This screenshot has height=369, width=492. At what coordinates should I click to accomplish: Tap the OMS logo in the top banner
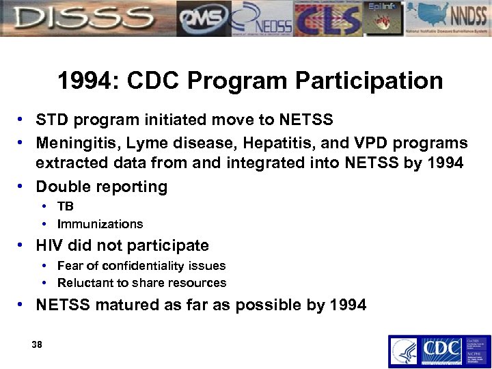click(203, 19)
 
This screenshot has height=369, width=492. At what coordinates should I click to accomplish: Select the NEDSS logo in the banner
click(263, 19)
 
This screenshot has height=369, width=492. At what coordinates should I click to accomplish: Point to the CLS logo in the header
click(328, 19)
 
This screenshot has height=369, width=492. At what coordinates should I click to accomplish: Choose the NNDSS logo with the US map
click(451, 19)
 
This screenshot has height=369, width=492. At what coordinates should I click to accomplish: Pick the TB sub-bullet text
click(66, 206)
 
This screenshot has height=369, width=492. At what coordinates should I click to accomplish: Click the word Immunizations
click(100, 224)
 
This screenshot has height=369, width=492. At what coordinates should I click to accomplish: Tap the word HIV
click(51, 245)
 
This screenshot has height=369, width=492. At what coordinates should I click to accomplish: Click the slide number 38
click(37, 345)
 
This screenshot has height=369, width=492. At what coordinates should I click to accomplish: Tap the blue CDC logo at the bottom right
click(439, 351)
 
